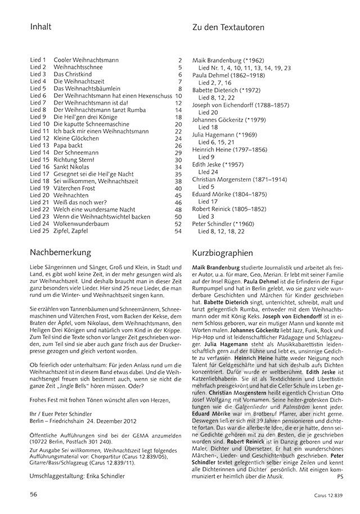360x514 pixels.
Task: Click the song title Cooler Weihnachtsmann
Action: pos(84,60)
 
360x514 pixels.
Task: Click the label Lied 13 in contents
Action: pos(40,145)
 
